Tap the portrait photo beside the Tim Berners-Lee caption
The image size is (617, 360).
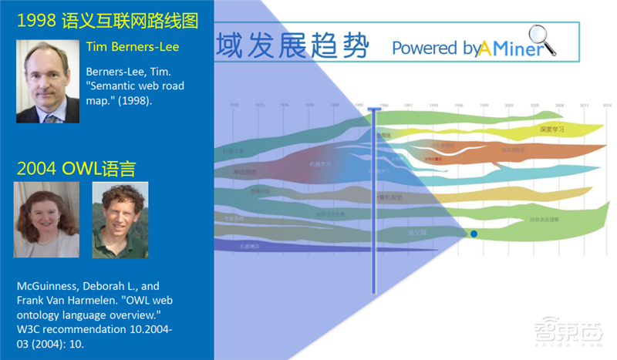[x=48, y=81]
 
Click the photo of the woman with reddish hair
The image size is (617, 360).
[x=46, y=220]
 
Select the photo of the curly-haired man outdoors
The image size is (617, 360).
[x=120, y=220]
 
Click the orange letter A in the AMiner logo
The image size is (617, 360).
[x=484, y=48]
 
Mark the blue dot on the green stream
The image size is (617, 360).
[x=474, y=234]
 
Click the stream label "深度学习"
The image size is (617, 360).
[x=552, y=130]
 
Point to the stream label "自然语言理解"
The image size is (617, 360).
[x=544, y=220]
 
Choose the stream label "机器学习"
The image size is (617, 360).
[x=320, y=164]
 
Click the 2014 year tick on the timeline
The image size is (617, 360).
[x=607, y=105]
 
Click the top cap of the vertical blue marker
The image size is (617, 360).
[x=374, y=110]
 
